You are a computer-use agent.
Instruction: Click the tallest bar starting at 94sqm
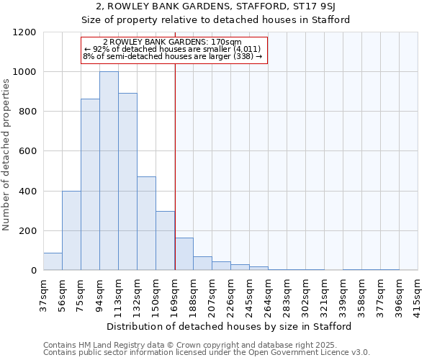pyautogui.click(x=109, y=171)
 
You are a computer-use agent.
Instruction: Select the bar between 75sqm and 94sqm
pyautogui.click(x=90, y=184)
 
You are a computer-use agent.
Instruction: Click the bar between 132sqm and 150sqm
pyautogui.click(x=146, y=223)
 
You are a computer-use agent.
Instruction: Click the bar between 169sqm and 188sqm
pyautogui.click(x=184, y=254)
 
